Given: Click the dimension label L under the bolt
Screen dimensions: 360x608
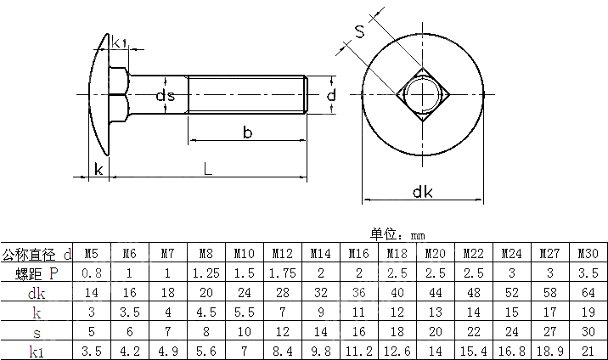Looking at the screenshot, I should tap(208, 168).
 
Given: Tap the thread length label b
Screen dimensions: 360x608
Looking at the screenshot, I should tap(247, 132).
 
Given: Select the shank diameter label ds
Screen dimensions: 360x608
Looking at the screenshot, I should tap(165, 96).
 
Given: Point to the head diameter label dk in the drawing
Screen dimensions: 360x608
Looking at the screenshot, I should tap(422, 192).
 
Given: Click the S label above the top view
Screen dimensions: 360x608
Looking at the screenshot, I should tap(359, 32).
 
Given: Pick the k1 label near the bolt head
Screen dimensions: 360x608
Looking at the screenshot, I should tap(120, 42).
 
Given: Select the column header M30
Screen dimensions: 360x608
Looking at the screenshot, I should tap(588, 254).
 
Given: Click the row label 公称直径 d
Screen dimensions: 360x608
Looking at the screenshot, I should tap(37, 254).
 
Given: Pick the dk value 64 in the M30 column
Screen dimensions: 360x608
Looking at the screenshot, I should tap(588, 293).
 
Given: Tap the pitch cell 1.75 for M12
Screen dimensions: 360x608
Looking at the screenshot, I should tap(282, 273).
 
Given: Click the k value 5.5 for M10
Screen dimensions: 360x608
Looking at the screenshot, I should tap(244, 312).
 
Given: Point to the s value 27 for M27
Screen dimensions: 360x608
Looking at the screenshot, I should tap(549, 331).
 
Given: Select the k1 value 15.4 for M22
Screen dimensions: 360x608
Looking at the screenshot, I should tap(473, 350).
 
